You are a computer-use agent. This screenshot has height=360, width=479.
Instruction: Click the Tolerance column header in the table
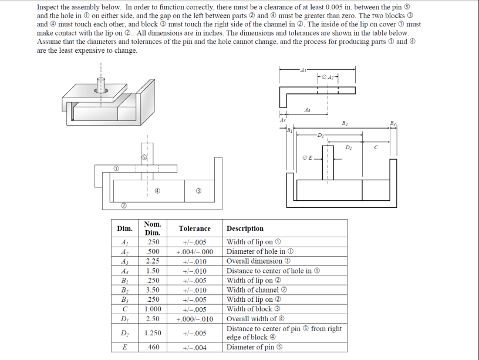point(194,228)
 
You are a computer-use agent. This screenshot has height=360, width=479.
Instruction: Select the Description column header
point(245,228)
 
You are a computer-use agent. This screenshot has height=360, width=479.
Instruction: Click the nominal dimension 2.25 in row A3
point(153,261)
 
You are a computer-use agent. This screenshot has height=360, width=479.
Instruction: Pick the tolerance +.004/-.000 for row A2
point(194,252)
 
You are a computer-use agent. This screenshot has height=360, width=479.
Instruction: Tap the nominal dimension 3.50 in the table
point(153,290)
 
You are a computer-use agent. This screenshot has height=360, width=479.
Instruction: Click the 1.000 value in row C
point(153,309)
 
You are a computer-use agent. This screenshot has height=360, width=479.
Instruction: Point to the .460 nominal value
point(153,347)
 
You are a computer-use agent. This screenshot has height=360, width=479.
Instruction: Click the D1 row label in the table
point(124,319)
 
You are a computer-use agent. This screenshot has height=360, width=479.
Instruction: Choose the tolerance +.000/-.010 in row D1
point(194,319)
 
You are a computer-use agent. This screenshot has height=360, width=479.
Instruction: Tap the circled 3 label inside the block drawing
point(199,190)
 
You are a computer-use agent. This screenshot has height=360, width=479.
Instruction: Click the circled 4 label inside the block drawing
point(158,190)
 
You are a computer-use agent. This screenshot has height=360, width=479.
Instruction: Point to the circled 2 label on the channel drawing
point(123,205)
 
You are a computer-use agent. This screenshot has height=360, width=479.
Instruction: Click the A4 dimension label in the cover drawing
point(307,110)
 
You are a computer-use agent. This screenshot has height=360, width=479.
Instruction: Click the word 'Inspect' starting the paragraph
point(47,6)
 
